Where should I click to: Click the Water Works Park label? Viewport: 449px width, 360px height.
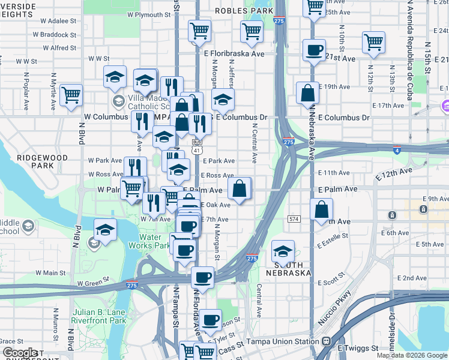(149, 241)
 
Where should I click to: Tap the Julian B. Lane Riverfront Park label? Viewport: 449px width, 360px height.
(98, 316)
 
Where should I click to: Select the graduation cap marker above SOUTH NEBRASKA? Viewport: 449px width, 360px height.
(283, 250)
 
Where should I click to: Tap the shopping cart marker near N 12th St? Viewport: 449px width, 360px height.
(373, 42)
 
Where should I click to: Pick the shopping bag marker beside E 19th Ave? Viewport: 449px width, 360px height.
(307, 93)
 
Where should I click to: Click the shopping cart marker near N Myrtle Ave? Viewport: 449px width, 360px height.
(71, 94)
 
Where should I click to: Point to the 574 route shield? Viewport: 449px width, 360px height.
(294, 220)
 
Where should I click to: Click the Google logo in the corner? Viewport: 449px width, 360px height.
(20, 353)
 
